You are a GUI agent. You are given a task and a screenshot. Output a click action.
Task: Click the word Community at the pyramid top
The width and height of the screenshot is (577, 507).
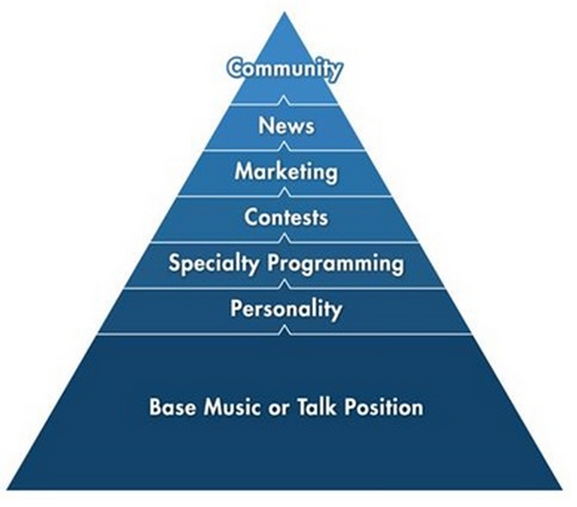point(285,69)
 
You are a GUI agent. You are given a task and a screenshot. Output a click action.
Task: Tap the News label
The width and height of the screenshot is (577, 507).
point(286,126)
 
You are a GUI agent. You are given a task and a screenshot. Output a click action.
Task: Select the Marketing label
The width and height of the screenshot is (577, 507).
point(286,172)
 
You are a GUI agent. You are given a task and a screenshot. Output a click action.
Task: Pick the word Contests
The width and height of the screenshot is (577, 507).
point(286,217)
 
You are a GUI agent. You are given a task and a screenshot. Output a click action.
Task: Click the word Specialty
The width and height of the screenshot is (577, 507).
point(215,264)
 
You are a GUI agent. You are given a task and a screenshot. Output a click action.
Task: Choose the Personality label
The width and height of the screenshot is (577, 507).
point(286,309)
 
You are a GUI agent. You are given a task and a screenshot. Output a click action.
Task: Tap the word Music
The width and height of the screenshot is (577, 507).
point(227,407)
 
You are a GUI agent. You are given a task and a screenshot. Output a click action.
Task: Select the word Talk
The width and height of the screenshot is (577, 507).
point(314,407)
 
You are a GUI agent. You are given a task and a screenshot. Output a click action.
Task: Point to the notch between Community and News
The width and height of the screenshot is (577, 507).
point(286,102)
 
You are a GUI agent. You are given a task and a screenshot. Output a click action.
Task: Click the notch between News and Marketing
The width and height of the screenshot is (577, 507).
point(286,149)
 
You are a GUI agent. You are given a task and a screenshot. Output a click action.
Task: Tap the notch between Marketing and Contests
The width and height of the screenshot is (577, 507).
point(286,195)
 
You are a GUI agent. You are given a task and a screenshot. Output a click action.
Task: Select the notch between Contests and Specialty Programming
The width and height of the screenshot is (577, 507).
point(286,241)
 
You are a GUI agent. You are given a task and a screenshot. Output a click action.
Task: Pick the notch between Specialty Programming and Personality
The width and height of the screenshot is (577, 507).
point(286,287)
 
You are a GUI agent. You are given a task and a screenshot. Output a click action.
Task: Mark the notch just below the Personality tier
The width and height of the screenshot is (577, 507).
point(286,332)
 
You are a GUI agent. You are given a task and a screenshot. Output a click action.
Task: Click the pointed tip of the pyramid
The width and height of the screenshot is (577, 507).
point(286,10)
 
